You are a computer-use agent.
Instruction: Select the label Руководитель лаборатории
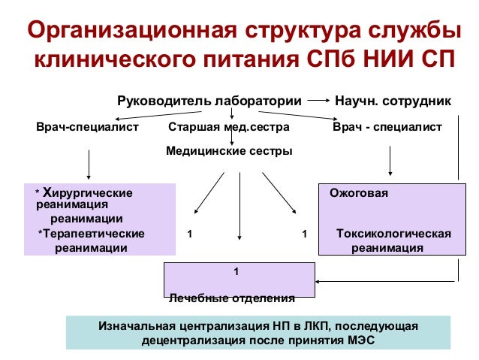point(209,101)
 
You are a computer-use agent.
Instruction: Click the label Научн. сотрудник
point(393,101)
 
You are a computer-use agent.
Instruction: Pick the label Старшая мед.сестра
point(229,128)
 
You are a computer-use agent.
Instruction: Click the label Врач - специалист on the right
point(387,128)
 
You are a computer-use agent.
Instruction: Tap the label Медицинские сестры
point(228,151)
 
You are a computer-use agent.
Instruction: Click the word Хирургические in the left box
point(89,193)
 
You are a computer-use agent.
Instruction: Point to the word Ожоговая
point(359,193)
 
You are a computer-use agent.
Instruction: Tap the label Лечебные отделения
point(231,298)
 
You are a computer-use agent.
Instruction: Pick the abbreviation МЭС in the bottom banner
point(358,340)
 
